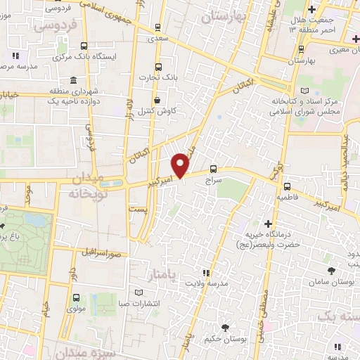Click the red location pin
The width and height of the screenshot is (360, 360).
tap(182, 165)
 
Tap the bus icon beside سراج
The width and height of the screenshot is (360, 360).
tap(213, 169)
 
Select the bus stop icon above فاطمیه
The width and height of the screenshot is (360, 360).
tap(288, 186)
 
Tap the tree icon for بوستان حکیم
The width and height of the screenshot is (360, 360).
tap(225, 327)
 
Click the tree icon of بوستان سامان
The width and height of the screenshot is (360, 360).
tap(330, 269)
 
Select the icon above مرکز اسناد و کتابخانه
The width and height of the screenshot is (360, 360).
tap(304, 90)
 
